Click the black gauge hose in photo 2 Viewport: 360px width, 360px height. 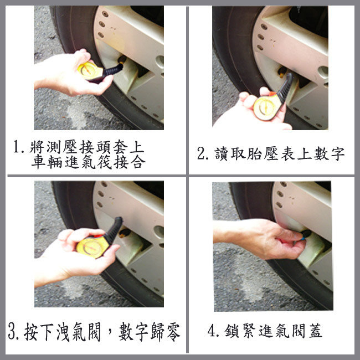click(x=286, y=87)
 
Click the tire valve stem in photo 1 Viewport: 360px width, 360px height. click(x=122, y=60)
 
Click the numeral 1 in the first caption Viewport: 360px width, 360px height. click(x=16, y=146)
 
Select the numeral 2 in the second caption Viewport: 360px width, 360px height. click(x=200, y=153)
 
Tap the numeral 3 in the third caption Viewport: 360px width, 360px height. click(x=12, y=332)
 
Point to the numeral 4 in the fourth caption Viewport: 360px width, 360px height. click(x=211, y=331)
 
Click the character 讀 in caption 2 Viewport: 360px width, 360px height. click(x=222, y=153)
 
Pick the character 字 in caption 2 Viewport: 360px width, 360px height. click(x=337, y=153)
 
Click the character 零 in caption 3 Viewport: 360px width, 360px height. click(x=173, y=332)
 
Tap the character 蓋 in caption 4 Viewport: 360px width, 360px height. click(x=315, y=331)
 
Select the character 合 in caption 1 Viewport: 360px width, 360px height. click(x=138, y=162)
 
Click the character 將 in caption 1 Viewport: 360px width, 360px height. click(x=37, y=146)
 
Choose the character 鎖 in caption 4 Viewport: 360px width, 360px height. click(x=232, y=331)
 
